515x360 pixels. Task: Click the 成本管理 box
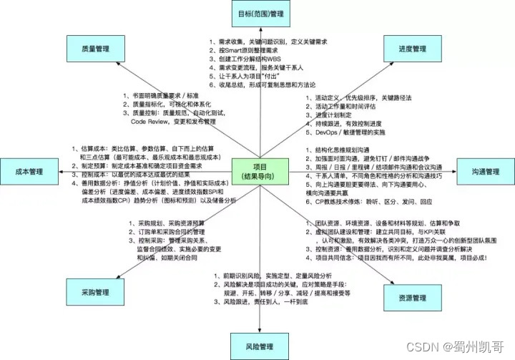[x=21, y=172]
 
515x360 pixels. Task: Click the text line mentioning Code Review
[x=162, y=122]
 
